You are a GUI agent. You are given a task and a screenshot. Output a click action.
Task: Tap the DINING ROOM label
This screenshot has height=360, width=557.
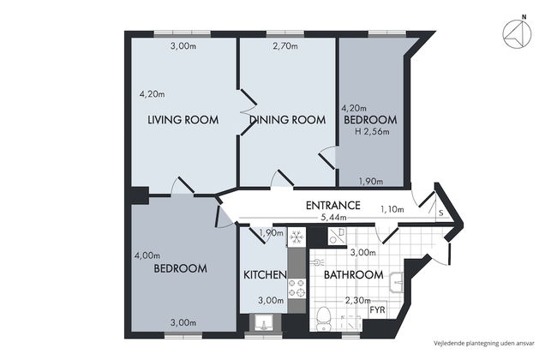tap(288, 120)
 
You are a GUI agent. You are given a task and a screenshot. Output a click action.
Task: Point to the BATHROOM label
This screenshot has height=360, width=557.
tap(352, 275)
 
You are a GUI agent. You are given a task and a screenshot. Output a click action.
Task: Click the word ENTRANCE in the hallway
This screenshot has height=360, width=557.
tap(332, 206)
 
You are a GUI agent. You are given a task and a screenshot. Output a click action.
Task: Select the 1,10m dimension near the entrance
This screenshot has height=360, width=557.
tap(391, 209)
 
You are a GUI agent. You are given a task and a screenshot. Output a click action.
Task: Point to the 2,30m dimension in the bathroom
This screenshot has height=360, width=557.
tap(357, 300)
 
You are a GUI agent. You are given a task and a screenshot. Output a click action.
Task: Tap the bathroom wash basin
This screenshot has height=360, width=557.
tap(397, 284)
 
